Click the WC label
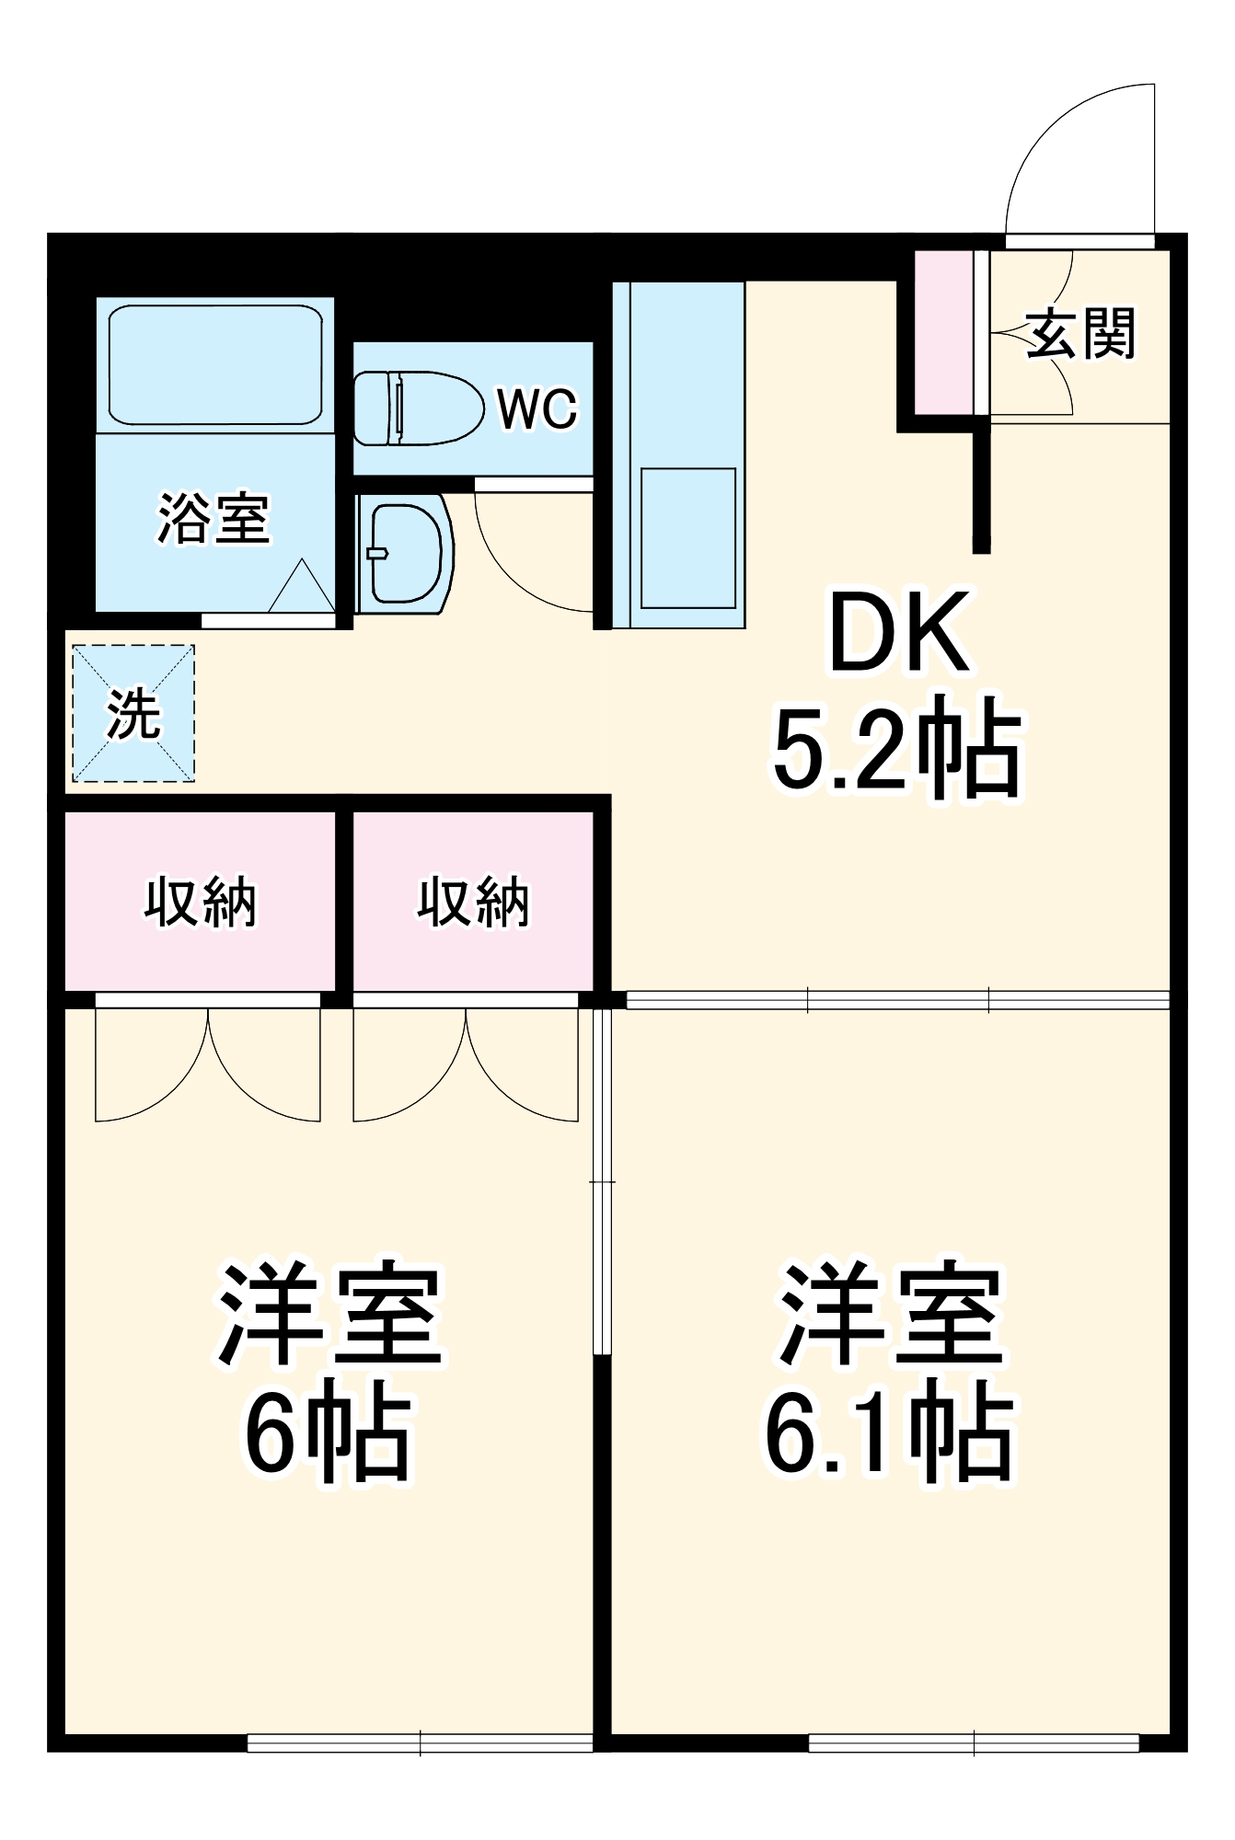(537, 408)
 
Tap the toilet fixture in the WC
(419, 408)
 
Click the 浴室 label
(214, 518)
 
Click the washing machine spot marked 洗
(133, 713)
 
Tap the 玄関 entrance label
(1080, 333)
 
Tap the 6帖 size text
(327, 1435)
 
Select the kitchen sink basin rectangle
(688, 538)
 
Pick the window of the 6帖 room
(420, 1742)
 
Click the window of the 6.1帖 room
(974, 1742)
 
